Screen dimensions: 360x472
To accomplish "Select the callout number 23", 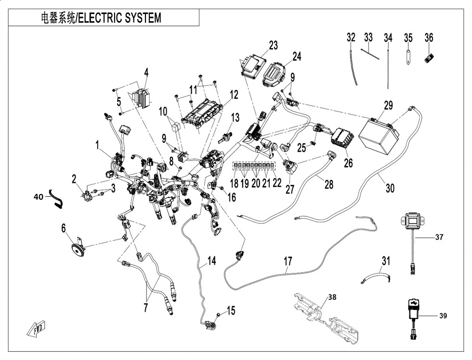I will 273,46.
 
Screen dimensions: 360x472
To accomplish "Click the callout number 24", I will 297,56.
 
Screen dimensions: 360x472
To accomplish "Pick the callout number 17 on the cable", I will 288,262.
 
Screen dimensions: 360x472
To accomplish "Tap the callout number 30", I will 390,188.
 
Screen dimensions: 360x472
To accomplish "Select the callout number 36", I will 429,37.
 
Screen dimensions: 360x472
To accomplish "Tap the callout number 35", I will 408,37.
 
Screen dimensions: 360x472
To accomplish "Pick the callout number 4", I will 146,73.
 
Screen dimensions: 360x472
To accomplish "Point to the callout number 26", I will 348,163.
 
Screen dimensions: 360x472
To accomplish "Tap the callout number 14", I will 211,261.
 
